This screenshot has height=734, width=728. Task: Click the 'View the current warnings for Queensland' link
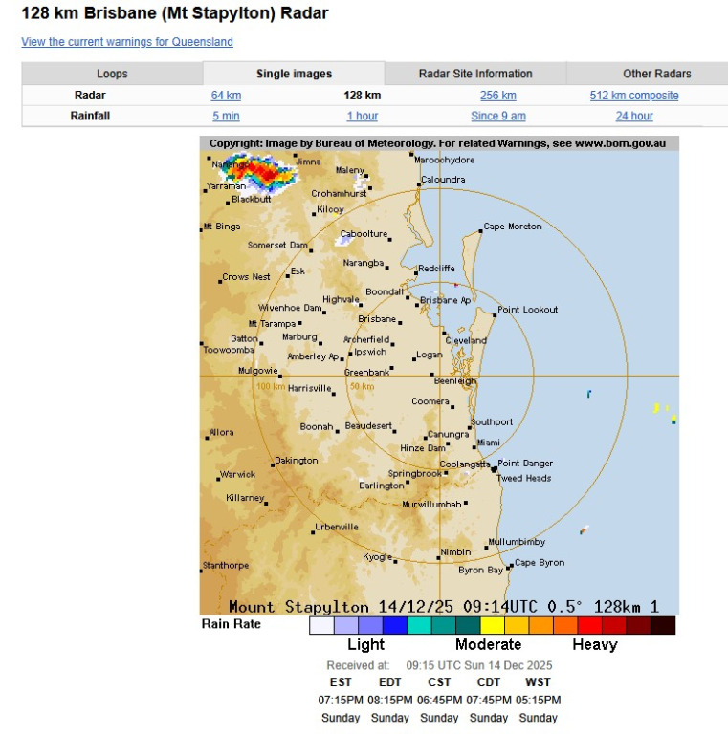[x=127, y=42]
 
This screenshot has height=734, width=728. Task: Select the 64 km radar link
[x=226, y=96]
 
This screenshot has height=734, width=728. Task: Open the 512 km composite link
[x=634, y=96]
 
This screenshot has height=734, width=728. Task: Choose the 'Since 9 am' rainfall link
[x=497, y=116]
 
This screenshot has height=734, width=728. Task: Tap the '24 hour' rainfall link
[x=634, y=116]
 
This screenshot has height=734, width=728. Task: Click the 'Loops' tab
[x=112, y=74]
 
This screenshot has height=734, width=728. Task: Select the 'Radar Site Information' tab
[x=475, y=74]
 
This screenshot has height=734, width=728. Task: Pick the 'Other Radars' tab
[x=656, y=74]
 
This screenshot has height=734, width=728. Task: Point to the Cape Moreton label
[x=513, y=227]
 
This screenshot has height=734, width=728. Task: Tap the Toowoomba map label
[x=229, y=350]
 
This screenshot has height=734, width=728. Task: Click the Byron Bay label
[x=480, y=570]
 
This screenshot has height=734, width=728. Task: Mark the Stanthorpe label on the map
[x=227, y=565]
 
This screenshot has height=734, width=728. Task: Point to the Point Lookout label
[x=527, y=310]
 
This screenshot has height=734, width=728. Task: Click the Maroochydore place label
[x=446, y=160]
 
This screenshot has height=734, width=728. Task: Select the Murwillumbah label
[x=432, y=504]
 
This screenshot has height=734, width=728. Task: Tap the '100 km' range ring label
[x=270, y=386]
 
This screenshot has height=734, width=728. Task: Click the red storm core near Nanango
[x=262, y=173]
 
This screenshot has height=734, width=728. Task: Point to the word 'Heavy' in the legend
[x=594, y=644]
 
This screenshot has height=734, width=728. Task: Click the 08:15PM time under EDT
[x=389, y=701]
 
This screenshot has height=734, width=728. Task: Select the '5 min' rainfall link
[x=226, y=116]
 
